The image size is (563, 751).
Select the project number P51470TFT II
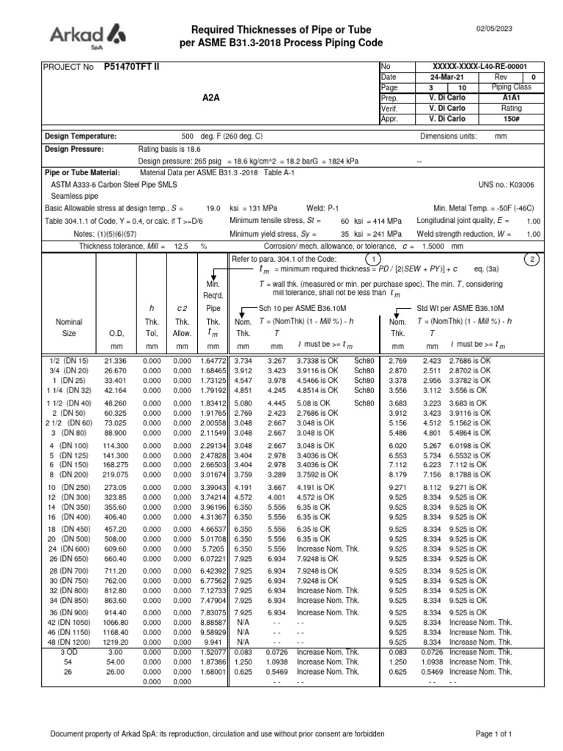[127, 67]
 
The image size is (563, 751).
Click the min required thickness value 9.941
[213, 641]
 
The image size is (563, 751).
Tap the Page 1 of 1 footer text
[493, 733]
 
